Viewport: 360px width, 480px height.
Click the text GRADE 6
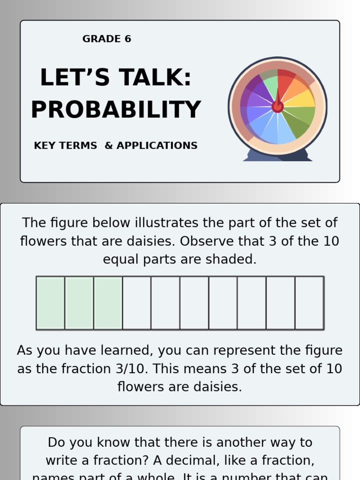tap(106, 39)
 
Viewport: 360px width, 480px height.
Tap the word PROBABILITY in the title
tap(116, 110)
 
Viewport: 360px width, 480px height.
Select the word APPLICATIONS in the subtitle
tap(157, 146)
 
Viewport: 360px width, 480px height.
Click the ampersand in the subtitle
tap(109, 146)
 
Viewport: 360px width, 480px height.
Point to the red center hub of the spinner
tap(277, 106)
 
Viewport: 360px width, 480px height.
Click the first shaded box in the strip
tap(51, 303)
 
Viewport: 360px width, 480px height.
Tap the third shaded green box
tap(108, 303)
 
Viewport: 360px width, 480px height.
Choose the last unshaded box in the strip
tap(309, 303)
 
